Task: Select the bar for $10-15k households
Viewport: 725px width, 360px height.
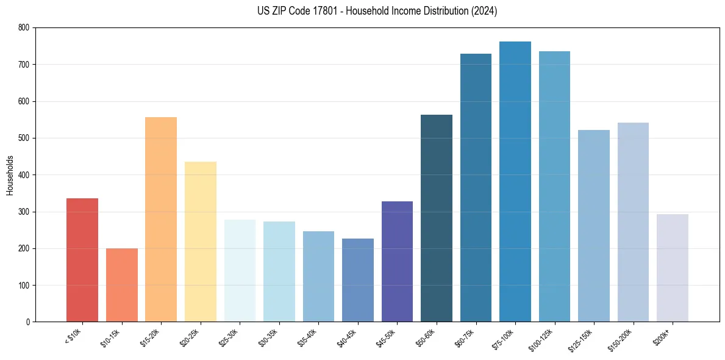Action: [122, 285]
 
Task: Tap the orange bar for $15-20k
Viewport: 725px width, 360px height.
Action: [161, 220]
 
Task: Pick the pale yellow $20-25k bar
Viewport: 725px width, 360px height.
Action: [201, 242]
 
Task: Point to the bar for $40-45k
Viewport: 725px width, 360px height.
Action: [358, 280]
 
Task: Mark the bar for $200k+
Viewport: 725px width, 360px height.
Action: [673, 268]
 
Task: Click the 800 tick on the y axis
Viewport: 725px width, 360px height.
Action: [24, 27]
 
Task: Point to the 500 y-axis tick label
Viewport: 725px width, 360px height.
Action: [24, 138]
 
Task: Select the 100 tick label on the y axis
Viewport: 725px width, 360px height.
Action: [24, 285]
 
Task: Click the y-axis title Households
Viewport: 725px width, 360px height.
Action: [10, 175]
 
